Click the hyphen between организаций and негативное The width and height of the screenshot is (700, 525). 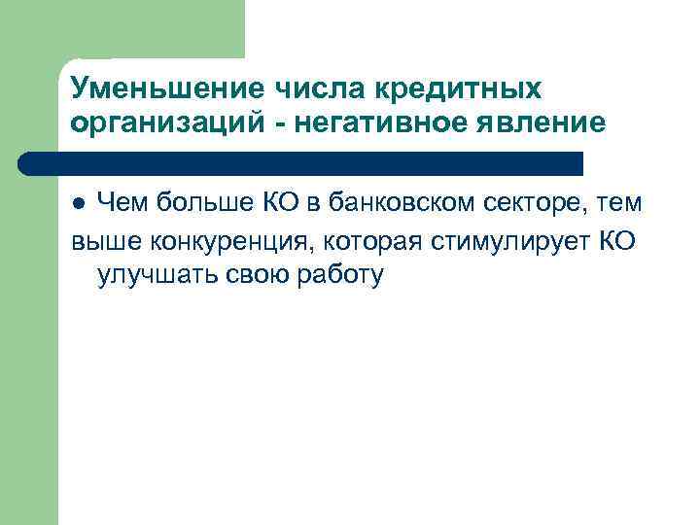(x=277, y=125)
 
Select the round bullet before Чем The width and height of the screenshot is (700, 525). (x=82, y=204)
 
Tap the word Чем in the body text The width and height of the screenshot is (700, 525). (x=123, y=202)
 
